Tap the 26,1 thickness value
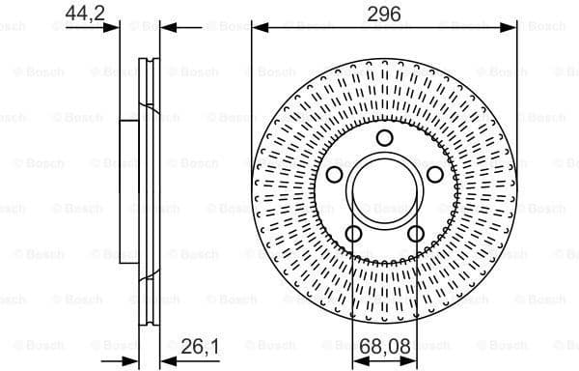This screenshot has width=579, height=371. [198, 346]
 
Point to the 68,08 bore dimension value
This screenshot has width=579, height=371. [383, 346]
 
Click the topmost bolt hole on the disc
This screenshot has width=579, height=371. [383, 138]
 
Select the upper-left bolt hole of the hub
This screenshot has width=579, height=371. [334, 174]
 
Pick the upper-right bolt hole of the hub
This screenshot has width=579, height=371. [433, 174]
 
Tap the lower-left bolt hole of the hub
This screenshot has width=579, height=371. [352, 233]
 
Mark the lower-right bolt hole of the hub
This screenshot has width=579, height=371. [414, 233]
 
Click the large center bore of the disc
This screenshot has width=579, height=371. [383, 190]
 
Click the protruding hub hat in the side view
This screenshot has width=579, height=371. [126, 190]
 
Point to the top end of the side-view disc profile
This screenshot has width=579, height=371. [150, 61]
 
